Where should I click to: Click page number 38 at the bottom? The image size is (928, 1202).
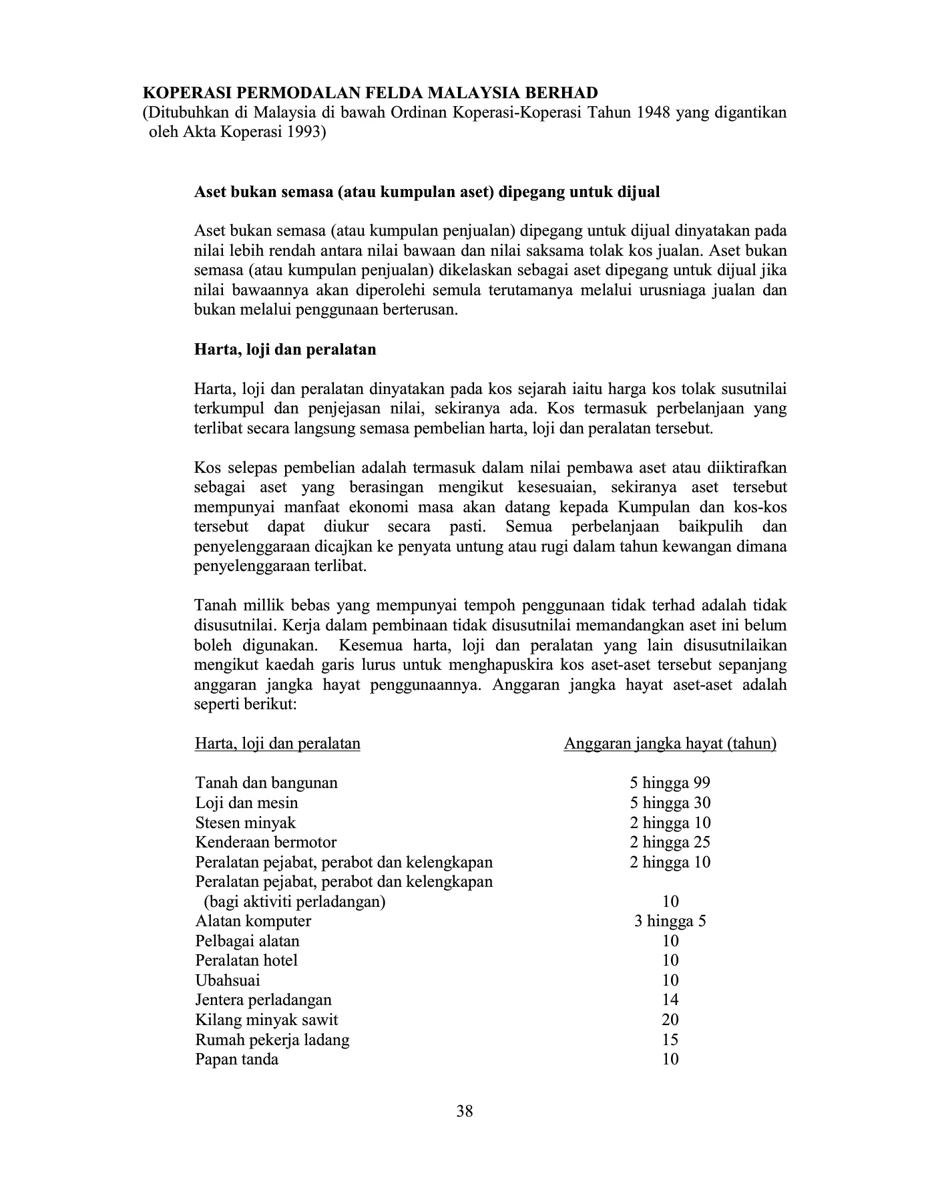click(x=465, y=1111)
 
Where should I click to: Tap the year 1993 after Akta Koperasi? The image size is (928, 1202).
click(x=304, y=132)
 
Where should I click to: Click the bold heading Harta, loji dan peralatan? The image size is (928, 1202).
click(x=284, y=349)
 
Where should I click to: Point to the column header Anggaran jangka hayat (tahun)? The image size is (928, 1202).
click(x=670, y=744)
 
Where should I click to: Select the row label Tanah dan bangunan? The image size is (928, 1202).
click(x=266, y=783)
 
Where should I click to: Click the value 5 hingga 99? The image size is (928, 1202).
click(x=670, y=783)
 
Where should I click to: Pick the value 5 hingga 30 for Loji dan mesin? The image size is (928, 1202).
click(x=670, y=803)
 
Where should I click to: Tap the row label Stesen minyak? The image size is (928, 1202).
click(x=245, y=823)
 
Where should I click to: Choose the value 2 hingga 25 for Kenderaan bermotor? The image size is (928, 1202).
click(x=670, y=842)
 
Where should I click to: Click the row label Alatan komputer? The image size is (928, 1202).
click(x=252, y=922)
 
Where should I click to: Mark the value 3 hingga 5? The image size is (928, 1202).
click(x=670, y=922)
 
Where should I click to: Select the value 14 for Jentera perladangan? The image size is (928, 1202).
click(x=670, y=1000)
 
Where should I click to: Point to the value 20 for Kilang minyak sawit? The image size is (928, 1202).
click(x=670, y=1020)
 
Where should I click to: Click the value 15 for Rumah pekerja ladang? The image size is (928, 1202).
click(x=670, y=1040)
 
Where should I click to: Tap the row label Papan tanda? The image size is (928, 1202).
click(x=236, y=1059)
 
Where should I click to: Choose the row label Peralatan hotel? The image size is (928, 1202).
click(x=246, y=960)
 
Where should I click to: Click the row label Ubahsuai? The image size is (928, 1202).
click(x=227, y=980)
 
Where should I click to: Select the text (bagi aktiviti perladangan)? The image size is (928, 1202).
click(x=294, y=902)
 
